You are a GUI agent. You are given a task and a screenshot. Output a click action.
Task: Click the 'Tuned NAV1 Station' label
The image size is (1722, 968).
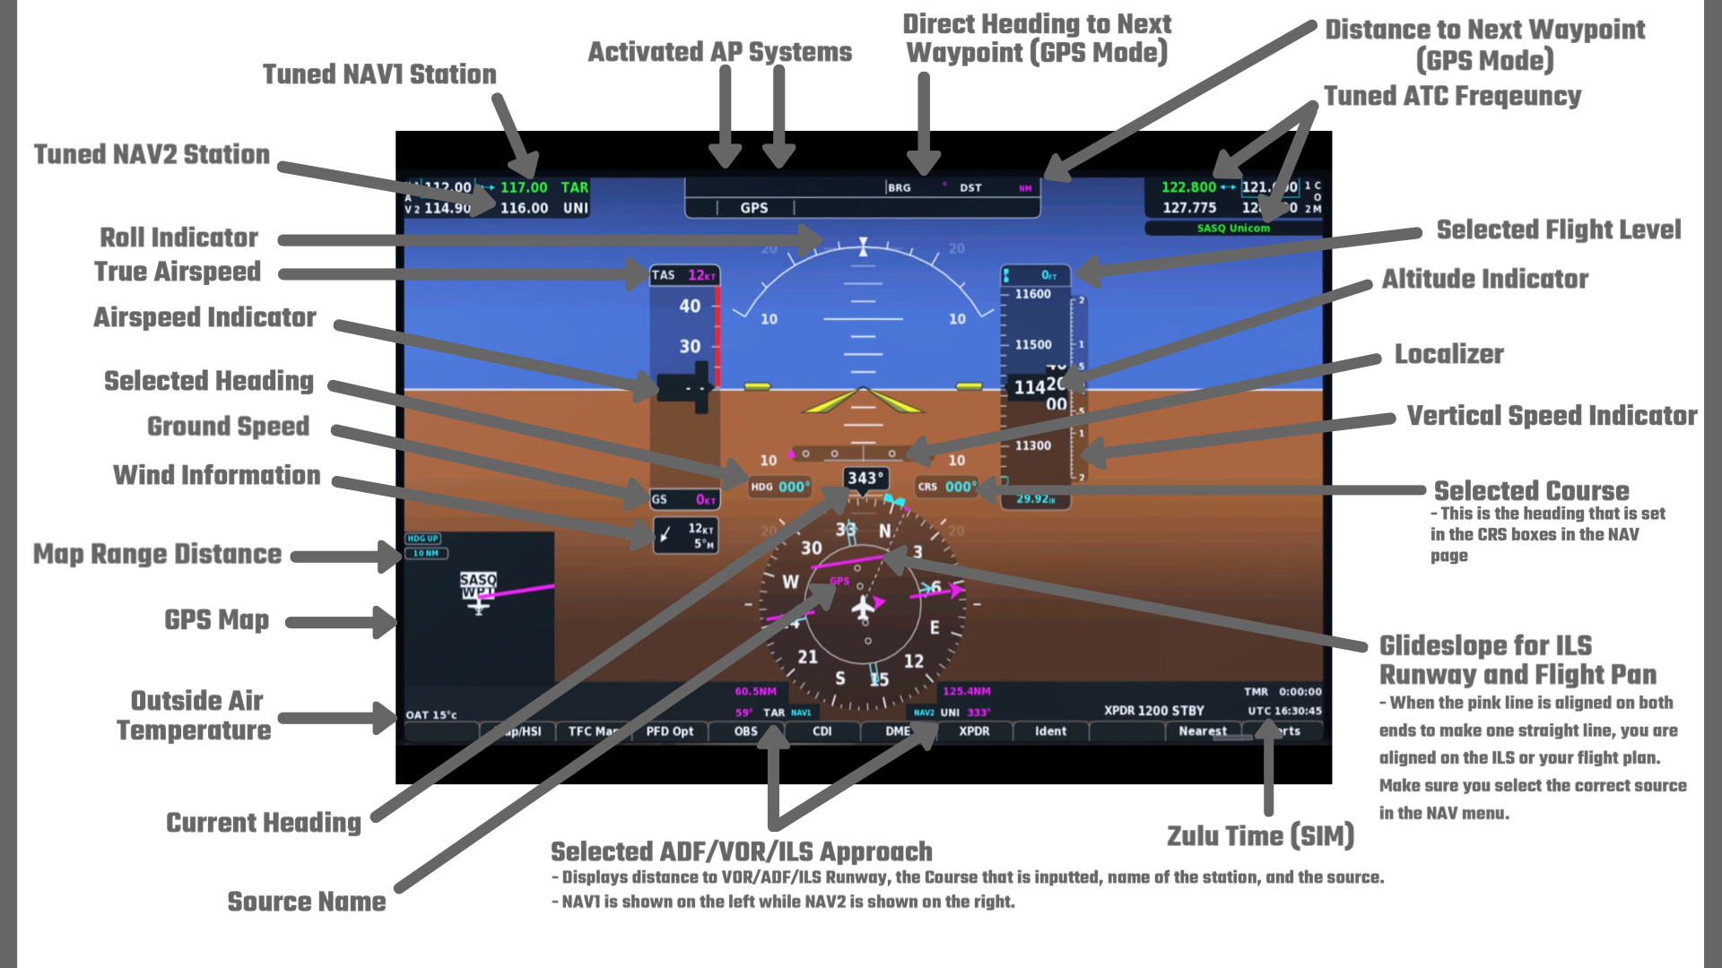[378, 74]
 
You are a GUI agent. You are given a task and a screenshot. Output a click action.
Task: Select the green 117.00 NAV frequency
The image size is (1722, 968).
[524, 187]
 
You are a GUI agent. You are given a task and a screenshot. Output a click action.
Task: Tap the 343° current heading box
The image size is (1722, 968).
[865, 479]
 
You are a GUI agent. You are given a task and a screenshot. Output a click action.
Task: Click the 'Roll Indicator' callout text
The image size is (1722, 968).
[178, 238]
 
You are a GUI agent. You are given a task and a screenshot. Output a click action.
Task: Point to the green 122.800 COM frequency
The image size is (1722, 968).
[1188, 187]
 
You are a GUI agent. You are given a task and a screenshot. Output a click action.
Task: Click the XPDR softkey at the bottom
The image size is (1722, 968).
[974, 731]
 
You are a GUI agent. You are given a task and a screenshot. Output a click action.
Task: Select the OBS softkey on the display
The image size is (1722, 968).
[745, 731]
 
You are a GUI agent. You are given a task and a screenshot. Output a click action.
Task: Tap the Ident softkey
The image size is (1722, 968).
[1050, 731]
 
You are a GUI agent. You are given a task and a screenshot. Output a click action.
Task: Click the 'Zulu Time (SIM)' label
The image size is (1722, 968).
[1260, 836]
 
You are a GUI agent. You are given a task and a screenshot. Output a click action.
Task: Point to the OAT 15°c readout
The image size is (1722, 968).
[431, 714]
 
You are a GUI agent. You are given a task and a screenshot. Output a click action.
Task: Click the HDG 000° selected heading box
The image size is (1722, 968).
[780, 487]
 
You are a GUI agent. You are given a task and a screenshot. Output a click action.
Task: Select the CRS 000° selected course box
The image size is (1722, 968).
[947, 487]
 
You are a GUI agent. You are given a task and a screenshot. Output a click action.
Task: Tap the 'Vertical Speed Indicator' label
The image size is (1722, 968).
[1552, 416]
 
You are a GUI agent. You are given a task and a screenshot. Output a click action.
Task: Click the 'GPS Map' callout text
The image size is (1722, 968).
[216, 620]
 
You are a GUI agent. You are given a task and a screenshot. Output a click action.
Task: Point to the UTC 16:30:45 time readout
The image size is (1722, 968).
[1284, 711]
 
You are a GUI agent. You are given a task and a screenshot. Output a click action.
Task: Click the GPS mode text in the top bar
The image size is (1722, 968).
[753, 208]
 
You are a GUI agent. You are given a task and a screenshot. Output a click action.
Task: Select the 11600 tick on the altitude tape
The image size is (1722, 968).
[1032, 294]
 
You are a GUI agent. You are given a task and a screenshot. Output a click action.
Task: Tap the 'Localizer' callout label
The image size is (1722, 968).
[1448, 354]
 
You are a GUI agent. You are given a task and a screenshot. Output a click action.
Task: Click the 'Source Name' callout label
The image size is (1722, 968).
[306, 902]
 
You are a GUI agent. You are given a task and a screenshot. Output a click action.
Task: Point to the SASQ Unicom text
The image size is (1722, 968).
[1233, 229]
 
